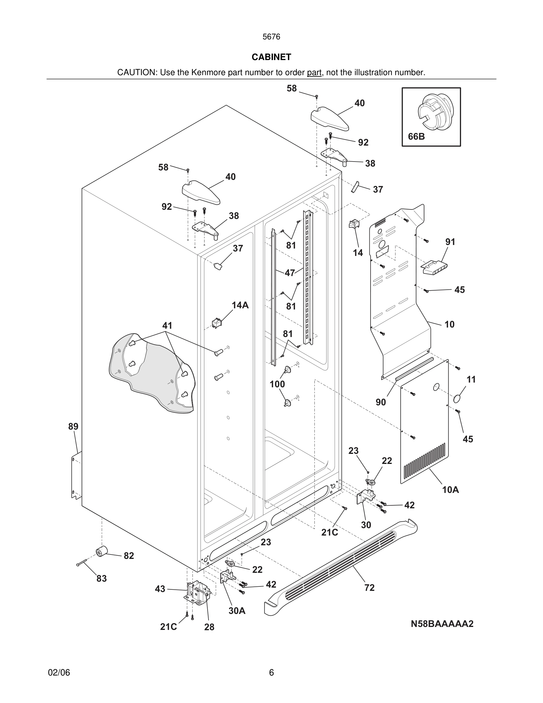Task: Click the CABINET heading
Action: click(271, 57)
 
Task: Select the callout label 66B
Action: click(416, 136)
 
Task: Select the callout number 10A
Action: click(450, 490)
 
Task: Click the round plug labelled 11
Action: click(458, 399)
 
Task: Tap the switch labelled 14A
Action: click(216, 323)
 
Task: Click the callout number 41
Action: click(167, 325)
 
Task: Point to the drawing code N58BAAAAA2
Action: click(442, 624)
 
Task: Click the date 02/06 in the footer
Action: click(59, 673)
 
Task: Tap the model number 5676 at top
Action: click(271, 37)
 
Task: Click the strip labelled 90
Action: click(414, 369)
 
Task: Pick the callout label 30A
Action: click(237, 611)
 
